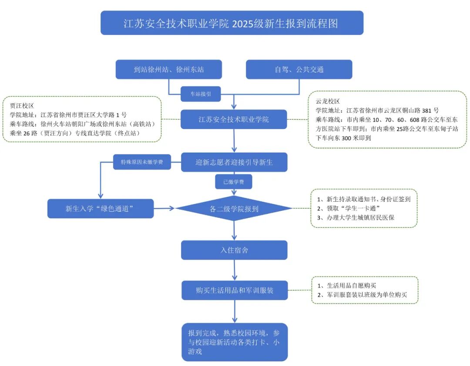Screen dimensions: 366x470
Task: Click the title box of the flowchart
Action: (x=232, y=23)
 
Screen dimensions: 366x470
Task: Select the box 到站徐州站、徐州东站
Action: (x=169, y=69)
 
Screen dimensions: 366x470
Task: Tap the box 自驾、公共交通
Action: (x=299, y=69)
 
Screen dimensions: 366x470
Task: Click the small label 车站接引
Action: (x=201, y=93)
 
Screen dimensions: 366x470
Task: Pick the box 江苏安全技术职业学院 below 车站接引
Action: (x=234, y=119)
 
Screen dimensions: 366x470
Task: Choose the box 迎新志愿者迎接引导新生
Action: (x=234, y=163)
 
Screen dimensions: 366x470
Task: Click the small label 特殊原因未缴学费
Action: (x=142, y=163)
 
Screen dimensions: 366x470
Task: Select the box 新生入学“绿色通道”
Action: (x=101, y=209)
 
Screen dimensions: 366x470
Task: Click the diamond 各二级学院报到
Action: (x=234, y=209)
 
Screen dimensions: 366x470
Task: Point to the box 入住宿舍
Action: (x=234, y=250)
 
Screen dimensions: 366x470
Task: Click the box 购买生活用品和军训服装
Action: (x=234, y=290)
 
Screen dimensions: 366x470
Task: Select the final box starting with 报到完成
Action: (x=234, y=342)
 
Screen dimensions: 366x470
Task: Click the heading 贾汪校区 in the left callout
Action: (x=22, y=106)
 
